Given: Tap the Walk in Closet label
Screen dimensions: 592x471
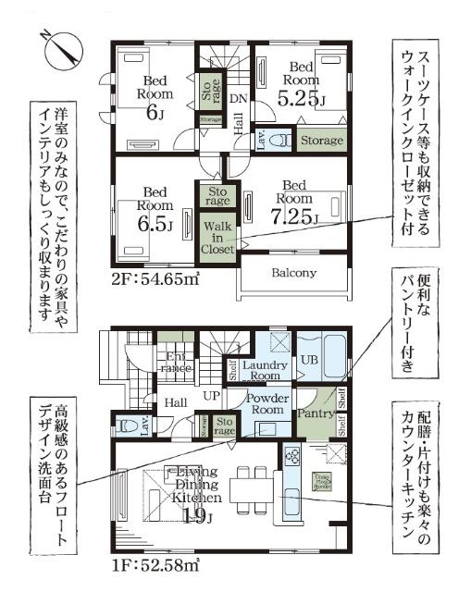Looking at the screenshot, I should (x=218, y=236).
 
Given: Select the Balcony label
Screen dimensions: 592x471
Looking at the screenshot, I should (x=294, y=274).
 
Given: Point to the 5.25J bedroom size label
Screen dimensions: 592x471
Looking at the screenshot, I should (x=303, y=95).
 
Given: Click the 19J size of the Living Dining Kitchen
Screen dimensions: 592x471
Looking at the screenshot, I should (x=193, y=515).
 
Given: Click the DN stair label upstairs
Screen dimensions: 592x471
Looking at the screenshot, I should (x=237, y=98).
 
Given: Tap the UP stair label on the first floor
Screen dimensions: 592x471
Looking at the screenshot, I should (x=211, y=396).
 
